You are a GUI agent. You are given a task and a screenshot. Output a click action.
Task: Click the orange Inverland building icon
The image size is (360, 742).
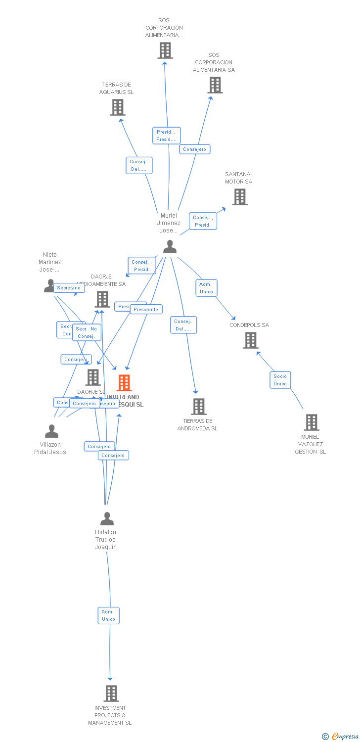tap(124, 382)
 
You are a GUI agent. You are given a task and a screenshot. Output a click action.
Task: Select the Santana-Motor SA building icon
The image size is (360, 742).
tap(240, 197)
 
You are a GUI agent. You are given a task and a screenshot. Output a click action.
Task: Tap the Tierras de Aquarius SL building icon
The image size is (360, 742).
tap(118, 107)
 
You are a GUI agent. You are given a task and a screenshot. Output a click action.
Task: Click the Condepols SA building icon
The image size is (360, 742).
tap(251, 340)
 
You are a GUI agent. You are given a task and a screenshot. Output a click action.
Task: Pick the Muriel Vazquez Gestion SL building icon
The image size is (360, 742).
tap(311, 422)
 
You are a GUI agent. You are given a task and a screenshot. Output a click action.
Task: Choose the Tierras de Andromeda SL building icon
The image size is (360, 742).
tap(198, 407)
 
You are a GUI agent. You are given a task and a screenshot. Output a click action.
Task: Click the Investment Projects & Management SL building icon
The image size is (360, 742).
tap(111, 694)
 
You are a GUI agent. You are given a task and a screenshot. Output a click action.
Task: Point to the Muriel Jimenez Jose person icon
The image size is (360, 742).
tap(170, 246)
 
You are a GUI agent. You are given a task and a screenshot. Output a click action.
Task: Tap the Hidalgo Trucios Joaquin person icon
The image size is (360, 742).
tap(107, 518)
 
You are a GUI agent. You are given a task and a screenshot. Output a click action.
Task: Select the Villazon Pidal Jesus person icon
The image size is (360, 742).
tap(51, 431)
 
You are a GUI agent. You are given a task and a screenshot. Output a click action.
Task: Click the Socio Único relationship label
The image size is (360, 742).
tap(280, 380)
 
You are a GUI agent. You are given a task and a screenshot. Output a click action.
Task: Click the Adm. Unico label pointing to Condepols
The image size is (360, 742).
tap(206, 288)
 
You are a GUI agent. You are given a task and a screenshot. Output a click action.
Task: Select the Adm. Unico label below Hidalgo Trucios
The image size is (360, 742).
tap(108, 615)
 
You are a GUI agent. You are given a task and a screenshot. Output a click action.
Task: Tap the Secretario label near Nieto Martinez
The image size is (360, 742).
tap(69, 287)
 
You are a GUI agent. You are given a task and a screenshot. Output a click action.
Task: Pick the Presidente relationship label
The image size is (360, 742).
tap(146, 309)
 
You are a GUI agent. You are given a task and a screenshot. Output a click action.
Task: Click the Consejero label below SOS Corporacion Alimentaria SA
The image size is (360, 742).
tap(195, 149)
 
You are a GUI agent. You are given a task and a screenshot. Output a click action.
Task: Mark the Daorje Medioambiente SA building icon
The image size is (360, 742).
tap(102, 299)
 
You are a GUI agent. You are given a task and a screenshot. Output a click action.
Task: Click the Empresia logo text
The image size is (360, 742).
tap(345, 737)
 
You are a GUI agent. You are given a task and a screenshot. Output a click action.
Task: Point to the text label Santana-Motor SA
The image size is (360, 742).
tap(239, 178)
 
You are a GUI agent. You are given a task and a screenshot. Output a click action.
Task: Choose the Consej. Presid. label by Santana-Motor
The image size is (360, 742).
tap(203, 221)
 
